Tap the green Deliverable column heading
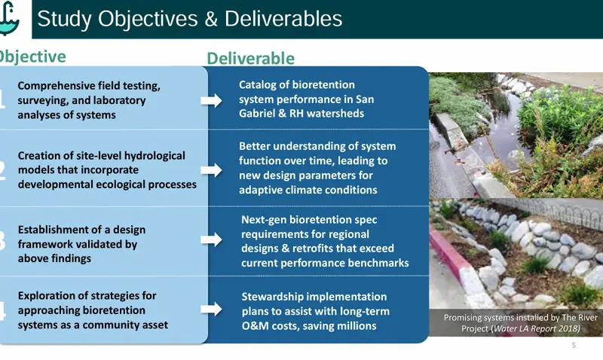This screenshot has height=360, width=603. (250, 59)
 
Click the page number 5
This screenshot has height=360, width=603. (574, 346)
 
